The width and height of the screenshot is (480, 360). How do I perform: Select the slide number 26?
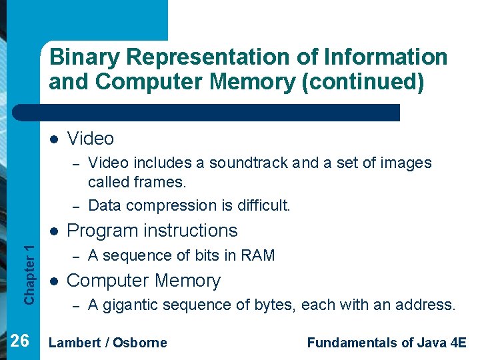(x=20, y=341)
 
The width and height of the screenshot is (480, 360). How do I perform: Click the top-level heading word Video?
(x=91, y=139)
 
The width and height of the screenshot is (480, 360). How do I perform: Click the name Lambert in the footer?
(x=74, y=343)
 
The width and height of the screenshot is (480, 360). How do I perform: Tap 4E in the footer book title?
(x=457, y=343)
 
